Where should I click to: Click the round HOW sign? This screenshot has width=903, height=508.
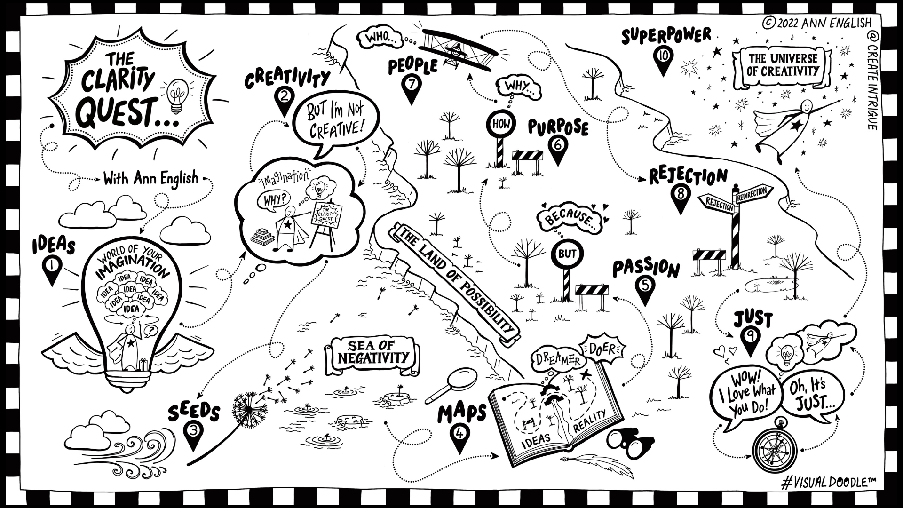click(x=498, y=124)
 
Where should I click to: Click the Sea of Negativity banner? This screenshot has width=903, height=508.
click(x=372, y=357)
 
